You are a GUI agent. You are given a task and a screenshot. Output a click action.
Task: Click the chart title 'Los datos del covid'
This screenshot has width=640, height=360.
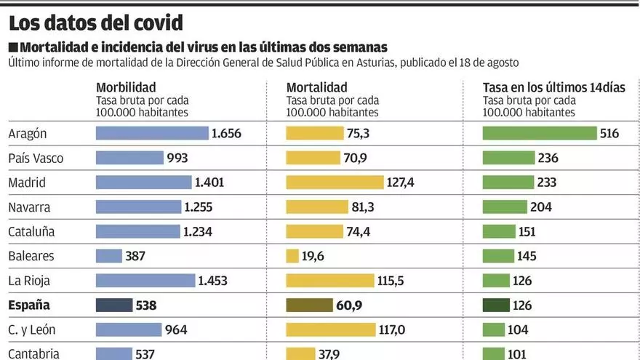click(96, 23)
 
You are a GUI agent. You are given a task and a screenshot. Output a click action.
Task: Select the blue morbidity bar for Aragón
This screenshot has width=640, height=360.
click(152, 133)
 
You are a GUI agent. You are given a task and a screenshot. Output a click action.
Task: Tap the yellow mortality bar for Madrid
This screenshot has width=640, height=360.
click(335, 183)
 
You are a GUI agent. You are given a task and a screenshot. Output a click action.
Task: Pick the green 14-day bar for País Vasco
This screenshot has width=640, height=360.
click(508, 158)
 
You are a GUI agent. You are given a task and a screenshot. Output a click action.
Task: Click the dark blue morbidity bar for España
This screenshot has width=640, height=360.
click(114, 305)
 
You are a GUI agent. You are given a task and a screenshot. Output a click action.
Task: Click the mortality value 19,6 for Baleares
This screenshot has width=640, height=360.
click(316, 256)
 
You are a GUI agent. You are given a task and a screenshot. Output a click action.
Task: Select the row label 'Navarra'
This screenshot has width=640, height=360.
click(29, 207)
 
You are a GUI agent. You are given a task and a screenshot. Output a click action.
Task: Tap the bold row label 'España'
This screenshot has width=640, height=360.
click(29, 305)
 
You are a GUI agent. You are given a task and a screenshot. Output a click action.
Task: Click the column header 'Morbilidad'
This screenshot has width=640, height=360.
click(125, 87)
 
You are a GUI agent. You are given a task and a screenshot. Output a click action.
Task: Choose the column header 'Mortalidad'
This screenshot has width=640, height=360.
click(317, 87)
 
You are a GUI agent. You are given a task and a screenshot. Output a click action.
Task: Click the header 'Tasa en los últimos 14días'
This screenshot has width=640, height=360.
click(554, 87)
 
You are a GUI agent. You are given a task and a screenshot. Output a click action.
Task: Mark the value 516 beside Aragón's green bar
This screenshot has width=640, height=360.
click(610, 133)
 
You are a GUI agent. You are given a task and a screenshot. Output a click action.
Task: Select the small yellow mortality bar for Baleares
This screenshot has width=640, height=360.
click(292, 256)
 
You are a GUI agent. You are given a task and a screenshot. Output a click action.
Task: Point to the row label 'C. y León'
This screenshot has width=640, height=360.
click(32, 329)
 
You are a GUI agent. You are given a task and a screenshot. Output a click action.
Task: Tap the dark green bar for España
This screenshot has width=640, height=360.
click(496, 305)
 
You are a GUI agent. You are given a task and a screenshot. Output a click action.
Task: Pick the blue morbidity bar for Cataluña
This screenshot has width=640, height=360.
click(137, 231)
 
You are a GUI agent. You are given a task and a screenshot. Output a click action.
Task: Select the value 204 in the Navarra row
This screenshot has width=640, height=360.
click(540, 207)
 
